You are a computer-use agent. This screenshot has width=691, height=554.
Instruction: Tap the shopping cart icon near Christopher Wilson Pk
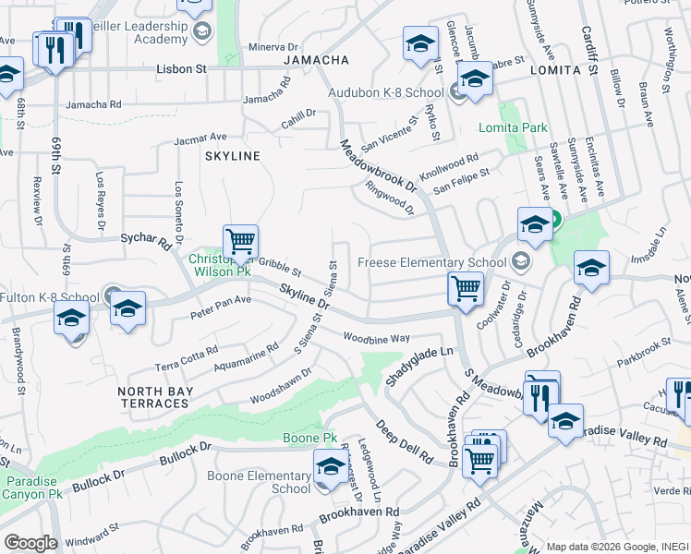240,243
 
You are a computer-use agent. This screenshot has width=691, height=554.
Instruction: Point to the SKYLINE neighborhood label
233,156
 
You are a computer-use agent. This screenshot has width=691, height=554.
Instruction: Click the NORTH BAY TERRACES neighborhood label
153,397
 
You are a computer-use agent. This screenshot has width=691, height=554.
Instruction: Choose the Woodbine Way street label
376,338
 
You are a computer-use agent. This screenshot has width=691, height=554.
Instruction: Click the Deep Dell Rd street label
404,440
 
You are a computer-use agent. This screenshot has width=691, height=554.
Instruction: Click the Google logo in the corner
30,543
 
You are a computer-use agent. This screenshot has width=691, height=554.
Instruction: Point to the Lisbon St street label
181,69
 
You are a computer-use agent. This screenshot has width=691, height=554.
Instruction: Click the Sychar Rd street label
147,241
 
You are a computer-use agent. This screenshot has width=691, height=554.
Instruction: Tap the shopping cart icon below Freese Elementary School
466,288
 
